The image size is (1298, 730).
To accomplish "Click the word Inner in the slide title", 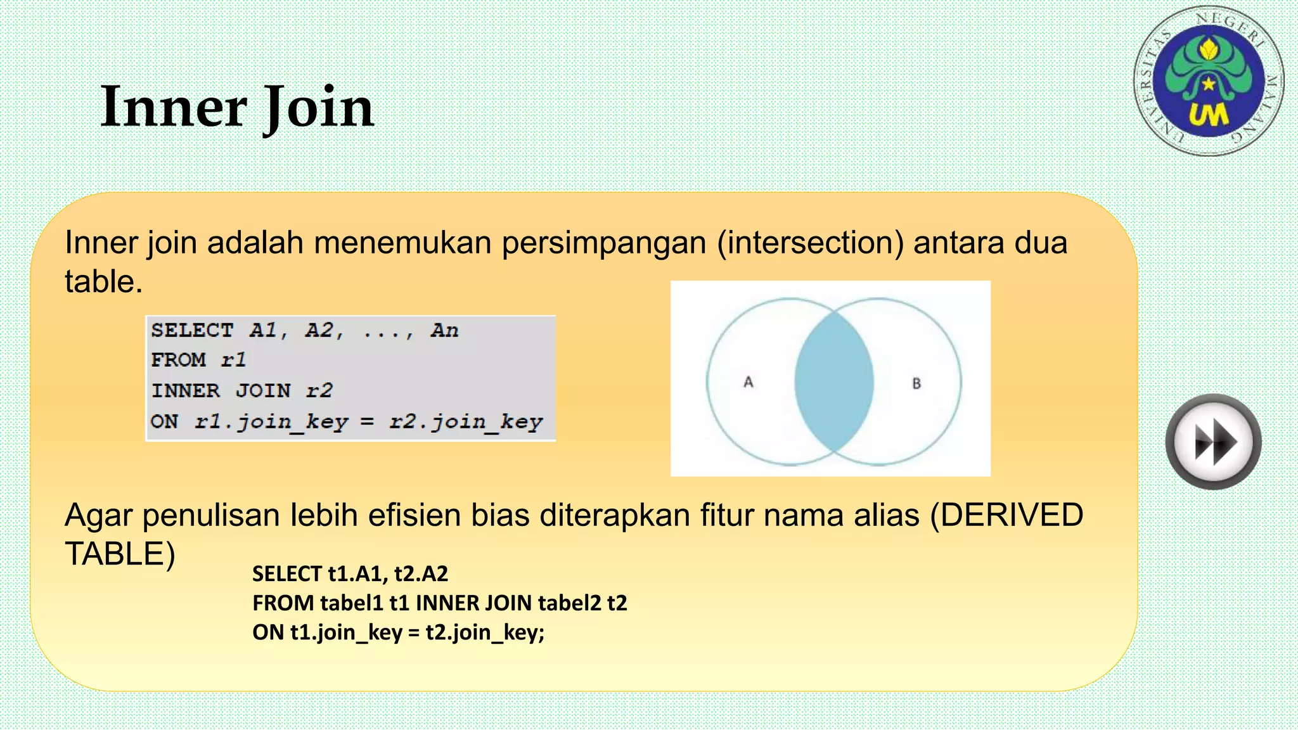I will click(173, 107).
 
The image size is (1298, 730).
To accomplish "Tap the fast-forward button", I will click(1213, 442).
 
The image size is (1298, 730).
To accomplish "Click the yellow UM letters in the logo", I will click(1208, 115).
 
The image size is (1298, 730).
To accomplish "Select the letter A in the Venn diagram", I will click(749, 382).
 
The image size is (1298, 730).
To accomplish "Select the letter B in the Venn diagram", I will click(916, 383).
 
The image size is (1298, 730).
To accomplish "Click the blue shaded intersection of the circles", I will click(834, 382).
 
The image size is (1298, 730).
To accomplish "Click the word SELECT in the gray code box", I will click(192, 330).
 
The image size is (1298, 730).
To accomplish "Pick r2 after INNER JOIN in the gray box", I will click(319, 390).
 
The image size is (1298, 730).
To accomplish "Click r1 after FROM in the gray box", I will click(233, 360).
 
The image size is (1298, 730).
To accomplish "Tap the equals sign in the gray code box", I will click(367, 421).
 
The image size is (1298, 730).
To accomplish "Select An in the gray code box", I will click(444, 330).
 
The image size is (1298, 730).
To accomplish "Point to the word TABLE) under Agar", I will click(120, 554).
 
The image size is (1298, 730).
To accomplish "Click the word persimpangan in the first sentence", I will click(603, 244).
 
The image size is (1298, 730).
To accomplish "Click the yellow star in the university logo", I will click(1209, 83).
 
